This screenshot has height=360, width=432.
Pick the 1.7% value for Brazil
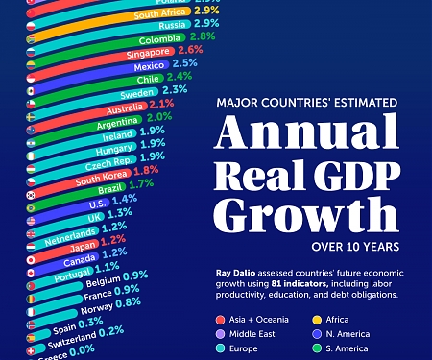[x=141, y=183]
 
